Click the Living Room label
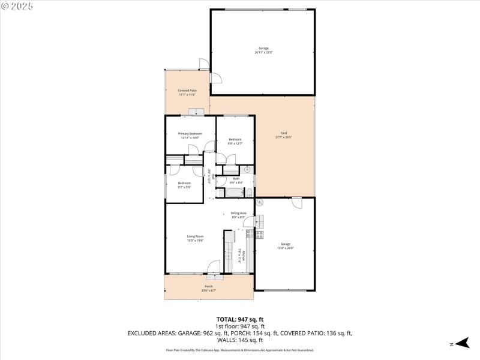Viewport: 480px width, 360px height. (195, 236)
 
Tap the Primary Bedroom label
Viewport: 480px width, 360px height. (190, 133)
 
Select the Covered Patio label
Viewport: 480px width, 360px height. (187, 91)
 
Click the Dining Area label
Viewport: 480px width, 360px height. (238, 213)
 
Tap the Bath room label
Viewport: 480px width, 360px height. (236, 178)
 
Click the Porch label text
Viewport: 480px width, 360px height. (209, 286)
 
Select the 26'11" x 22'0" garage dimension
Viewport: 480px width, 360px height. (263, 52)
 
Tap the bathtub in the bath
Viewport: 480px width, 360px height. (235, 193)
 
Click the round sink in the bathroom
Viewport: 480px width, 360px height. (247, 170)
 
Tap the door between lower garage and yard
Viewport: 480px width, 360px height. (296, 203)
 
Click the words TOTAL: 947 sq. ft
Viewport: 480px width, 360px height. (240, 319)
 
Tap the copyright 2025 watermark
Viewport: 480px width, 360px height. (17, 6)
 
